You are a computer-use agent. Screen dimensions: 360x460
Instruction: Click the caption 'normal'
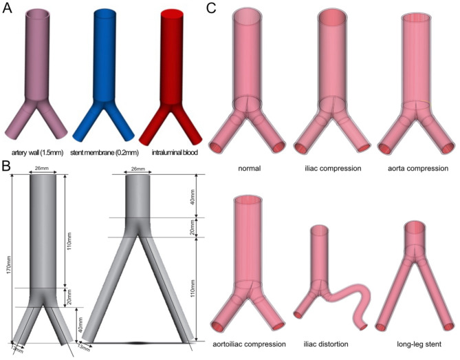[250, 167]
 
